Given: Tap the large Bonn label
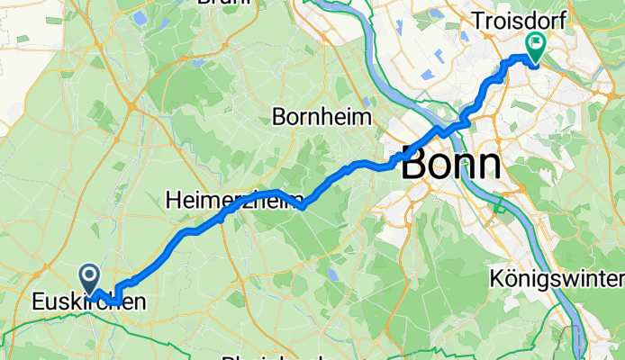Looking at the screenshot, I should [451, 165].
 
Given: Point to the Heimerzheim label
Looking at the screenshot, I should [236, 202].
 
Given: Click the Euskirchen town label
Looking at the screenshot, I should [86, 302].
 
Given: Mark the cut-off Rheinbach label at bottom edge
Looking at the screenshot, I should [270, 357].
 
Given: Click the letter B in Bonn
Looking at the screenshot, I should [416, 165].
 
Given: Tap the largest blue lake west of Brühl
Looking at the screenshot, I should [140, 16].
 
